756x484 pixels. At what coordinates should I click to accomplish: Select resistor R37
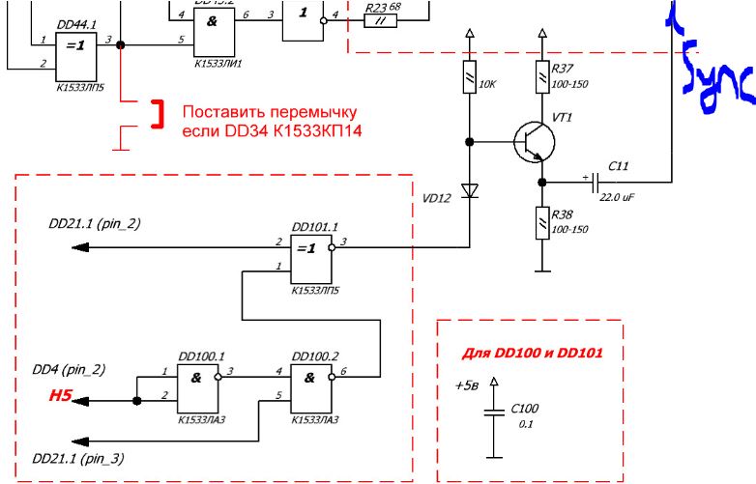(541, 75)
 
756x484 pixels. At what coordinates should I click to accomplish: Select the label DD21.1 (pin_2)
(94, 223)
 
